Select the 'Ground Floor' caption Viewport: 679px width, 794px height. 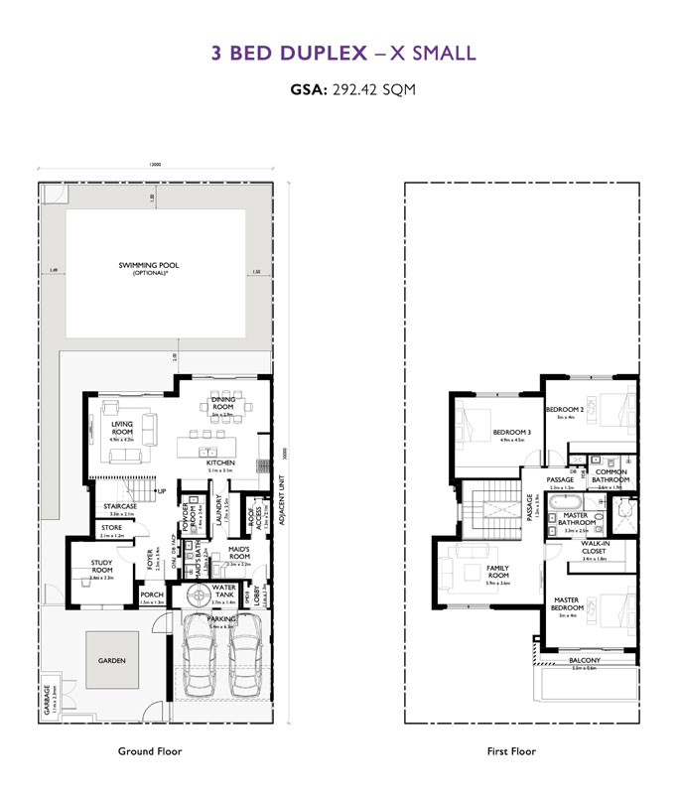coord(150,751)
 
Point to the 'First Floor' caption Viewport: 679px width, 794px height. coord(511,751)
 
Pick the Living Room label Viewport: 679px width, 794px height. coord(122,428)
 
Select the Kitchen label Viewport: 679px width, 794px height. coord(219,463)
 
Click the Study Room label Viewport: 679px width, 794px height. coord(102,567)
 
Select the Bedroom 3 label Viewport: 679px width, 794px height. coord(512,432)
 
